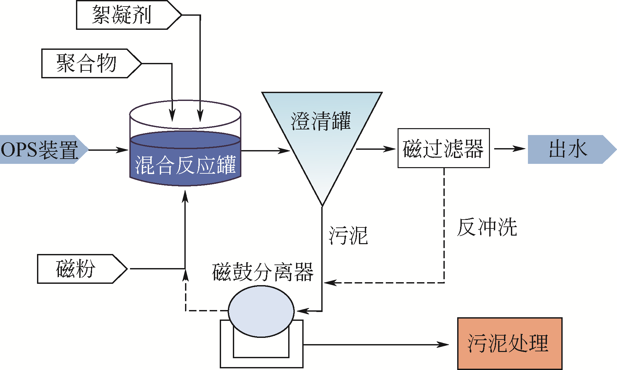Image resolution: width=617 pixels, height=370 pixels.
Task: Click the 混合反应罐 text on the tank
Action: coord(185,165)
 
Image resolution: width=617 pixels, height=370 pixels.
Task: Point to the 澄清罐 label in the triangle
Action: coord(321,121)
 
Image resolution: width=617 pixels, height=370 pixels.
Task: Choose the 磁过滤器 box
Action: coord(443,148)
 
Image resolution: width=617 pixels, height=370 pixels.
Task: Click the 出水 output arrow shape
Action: coord(570,149)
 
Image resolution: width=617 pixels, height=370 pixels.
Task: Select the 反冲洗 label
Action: coord(487,227)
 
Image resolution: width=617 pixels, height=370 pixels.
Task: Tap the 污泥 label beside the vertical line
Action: coord(348,235)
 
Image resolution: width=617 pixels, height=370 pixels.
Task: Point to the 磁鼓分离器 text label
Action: coord(263,272)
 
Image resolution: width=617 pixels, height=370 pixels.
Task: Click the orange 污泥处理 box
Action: coord(510,343)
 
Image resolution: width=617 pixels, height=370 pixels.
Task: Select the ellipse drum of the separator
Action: coord(261,311)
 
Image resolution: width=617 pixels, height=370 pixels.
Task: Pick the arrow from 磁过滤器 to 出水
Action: coord(510,149)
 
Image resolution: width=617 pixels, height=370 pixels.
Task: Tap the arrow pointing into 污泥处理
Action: coord(377,344)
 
